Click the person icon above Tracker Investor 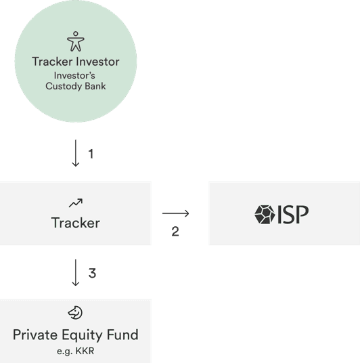pos(76,41)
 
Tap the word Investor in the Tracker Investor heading pos(97,62)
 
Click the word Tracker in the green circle pos(52,62)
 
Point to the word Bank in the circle pos(95,86)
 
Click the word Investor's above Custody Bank pos(74,75)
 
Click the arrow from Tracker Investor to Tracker pos(76,153)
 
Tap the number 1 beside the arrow pos(91,154)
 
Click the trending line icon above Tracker pos(76,202)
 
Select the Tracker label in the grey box pos(75,223)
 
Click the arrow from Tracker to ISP pos(176,213)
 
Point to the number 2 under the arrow pos(175,231)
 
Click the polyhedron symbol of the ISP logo pos(265,215)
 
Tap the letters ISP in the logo pos(293,215)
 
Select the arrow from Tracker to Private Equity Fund pos(76,273)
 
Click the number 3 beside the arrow pos(92,273)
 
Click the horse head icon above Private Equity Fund pos(75,312)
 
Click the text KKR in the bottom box pos(85,351)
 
